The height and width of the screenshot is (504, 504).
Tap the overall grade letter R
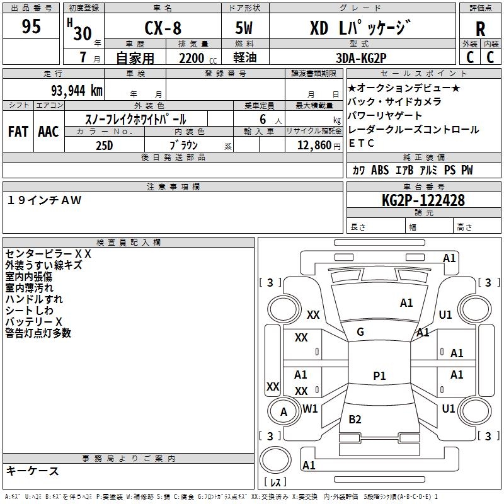(x=480, y=29)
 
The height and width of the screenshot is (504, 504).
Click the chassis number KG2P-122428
(x=423, y=200)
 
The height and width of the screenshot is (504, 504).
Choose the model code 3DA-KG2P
(x=361, y=57)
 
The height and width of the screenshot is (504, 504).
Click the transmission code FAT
(x=18, y=131)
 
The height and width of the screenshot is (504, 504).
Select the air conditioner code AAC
(x=48, y=131)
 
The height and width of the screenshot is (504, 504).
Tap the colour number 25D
(x=104, y=145)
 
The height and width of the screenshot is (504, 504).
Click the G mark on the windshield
(x=360, y=332)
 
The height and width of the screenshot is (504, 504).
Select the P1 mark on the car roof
(x=379, y=375)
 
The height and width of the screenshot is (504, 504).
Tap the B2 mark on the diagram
(x=355, y=419)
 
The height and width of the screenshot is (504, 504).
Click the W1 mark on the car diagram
(x=310, y=408)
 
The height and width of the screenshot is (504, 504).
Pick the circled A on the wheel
(x=283, y=412)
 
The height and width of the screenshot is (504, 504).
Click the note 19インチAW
(x=45, y=200)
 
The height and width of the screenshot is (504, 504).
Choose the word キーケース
(x=32, y=471)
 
